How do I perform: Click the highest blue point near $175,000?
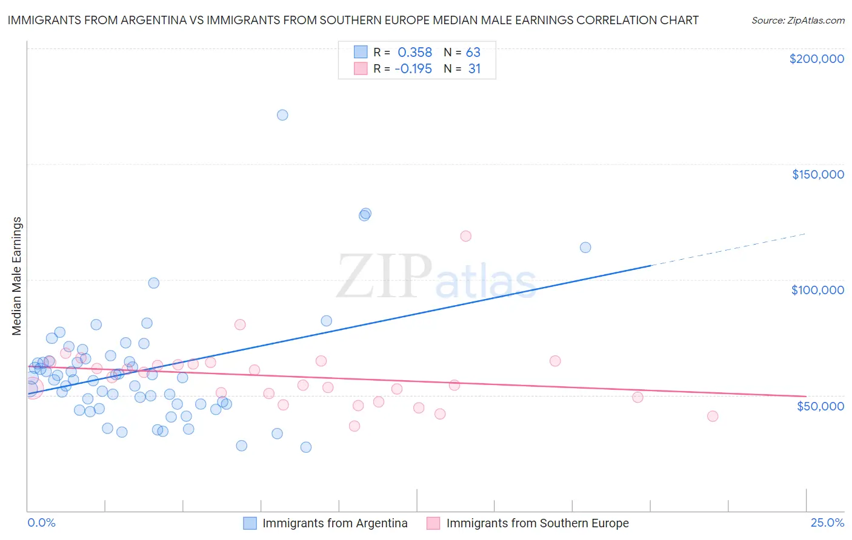tap(282, 115)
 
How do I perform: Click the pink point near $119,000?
tap(465, 236)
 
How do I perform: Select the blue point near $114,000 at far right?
tap(585, 248)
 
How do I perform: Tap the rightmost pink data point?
tap(713, 416)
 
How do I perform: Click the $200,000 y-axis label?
tap(816, 59)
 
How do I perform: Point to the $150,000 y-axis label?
tap(817, 174)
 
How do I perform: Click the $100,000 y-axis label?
tap(817, 290)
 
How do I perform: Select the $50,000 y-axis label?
tap(820, 406)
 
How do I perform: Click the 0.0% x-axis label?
tap(41, 523)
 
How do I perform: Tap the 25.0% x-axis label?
tap(827, 523)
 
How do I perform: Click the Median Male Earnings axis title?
tap(17, 276)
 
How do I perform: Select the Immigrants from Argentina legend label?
tap(334, 524)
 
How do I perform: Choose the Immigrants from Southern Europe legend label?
tap(537, 524)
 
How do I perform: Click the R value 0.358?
tap(414, 53)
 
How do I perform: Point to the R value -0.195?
tap(413, 69)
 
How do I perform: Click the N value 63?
tap(473, 53)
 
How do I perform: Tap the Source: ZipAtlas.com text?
tap(797, 21)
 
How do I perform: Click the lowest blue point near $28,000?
tap(306, 447)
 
